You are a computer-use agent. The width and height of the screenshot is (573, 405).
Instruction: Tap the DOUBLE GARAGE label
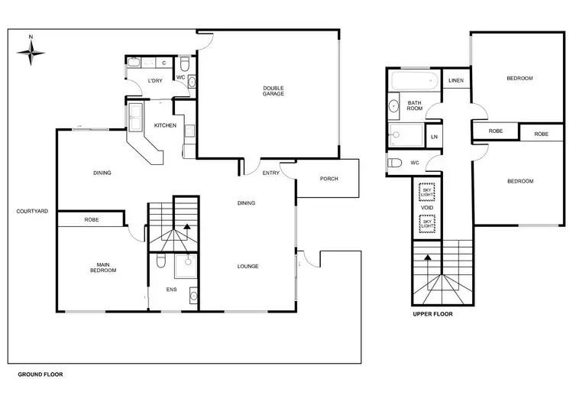pyautogui.click(x=274, y=92)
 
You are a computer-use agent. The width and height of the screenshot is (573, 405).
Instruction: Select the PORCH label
pyautogui.click(x=329, y=179)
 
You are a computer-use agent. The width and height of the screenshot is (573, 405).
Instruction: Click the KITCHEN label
pyautogui.click(x=166, y=125)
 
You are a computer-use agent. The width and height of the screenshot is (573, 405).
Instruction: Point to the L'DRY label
pyautogui.click(x=155, y=81)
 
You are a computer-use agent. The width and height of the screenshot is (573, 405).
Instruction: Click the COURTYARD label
pyautogui.click(x=32, y=211)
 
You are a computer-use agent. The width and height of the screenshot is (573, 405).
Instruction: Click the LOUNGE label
pyautogui.click(x=248, y=266)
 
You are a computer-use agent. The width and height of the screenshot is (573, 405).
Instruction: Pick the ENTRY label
pyautogui.click(x=270, y=173)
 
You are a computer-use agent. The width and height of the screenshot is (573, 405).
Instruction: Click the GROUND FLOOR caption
pyautogui.click(x=40, y=375)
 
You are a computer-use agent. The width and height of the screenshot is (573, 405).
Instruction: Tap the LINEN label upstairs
pyautogui.click(x=456, y=80)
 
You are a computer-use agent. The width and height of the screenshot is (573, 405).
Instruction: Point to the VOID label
pyautogui.click(x=427, y=207)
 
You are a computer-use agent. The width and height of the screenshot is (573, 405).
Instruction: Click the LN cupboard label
pyautogui.click(x=434, y=137)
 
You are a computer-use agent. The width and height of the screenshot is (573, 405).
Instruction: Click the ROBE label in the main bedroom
pyautogui.click(x=92, y=219)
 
